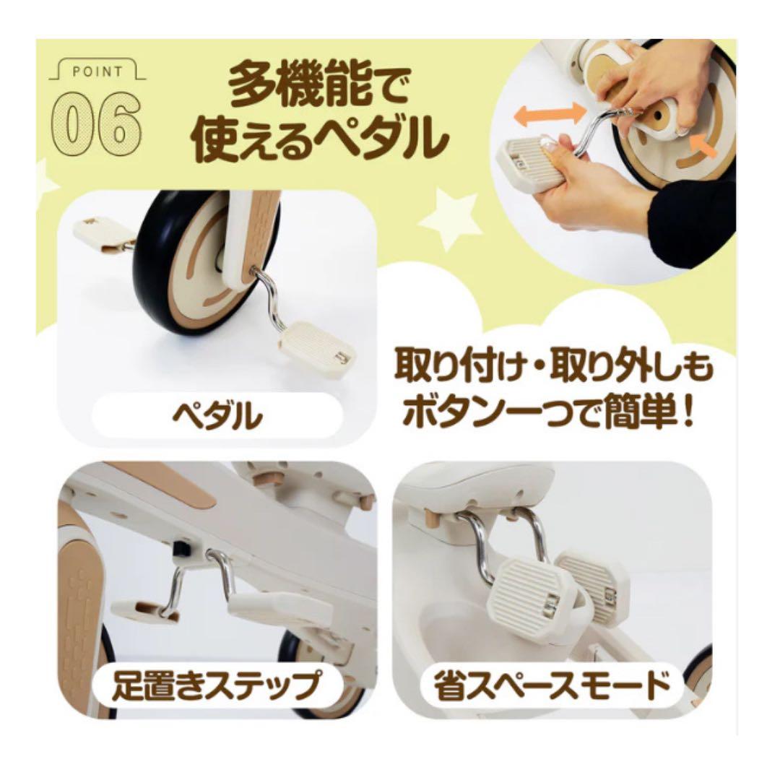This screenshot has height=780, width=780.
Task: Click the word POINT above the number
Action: point(97,71)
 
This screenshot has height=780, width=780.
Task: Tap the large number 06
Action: point(96,122)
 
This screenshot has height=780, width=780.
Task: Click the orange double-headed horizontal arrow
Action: point(550,113)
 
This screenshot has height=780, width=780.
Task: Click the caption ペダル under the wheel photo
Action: point(217,416)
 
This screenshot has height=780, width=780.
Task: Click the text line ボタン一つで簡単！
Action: point(547,413)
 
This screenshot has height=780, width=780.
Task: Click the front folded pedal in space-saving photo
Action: point(530,589)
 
